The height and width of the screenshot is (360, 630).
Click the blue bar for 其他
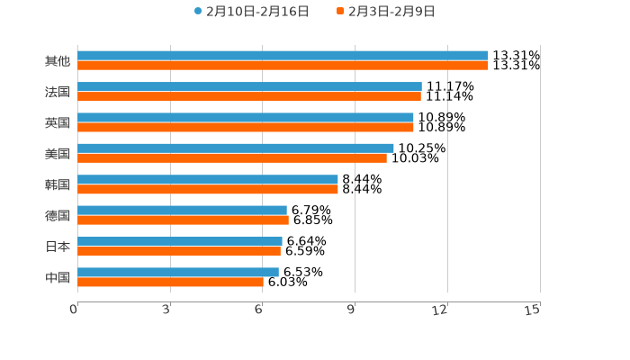[283, 56]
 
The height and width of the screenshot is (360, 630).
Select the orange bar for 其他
[283, 66]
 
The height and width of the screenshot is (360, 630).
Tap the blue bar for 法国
[249, 86]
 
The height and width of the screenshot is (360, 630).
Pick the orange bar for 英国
[246, 127]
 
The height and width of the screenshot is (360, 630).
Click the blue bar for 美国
[236, 148]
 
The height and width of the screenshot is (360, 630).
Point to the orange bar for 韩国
[208, 189]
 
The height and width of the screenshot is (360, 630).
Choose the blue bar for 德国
[182, 210]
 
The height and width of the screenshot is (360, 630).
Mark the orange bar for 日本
[179, 251]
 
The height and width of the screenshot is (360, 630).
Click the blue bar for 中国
[178, 272]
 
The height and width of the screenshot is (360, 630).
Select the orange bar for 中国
[170, 282]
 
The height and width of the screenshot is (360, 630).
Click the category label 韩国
[58, 184]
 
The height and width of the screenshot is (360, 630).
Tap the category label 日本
[58, 247]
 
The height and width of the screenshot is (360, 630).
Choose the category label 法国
[58, 92]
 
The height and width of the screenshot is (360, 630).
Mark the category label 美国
[58, 154]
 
